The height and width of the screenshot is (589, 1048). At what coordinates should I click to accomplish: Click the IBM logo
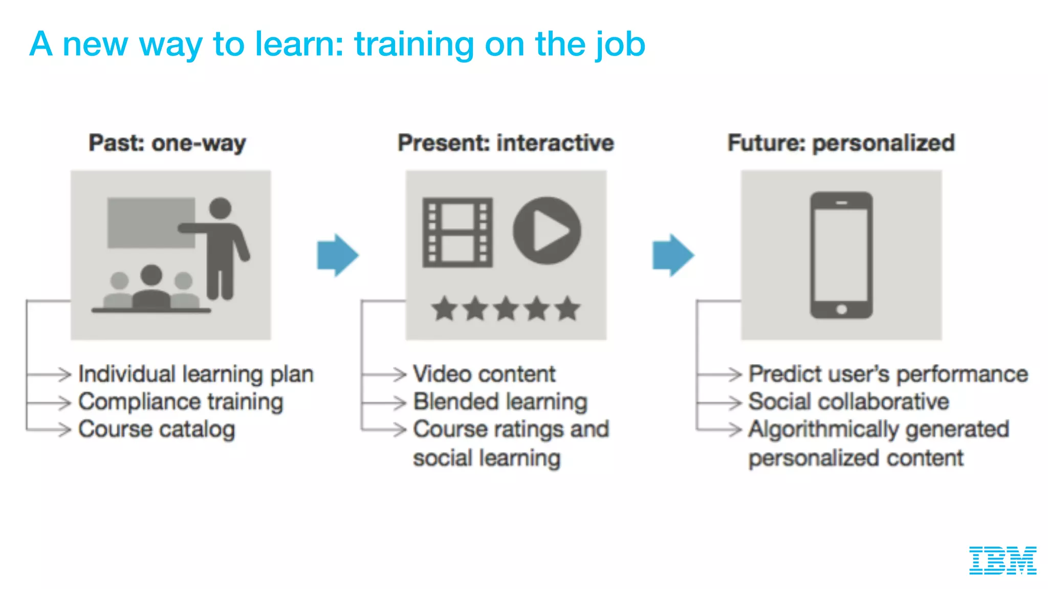coord(1002,560)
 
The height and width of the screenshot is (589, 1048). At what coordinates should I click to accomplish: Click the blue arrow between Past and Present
coord(337,255)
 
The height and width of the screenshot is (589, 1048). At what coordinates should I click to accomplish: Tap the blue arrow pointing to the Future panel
coord(672,255)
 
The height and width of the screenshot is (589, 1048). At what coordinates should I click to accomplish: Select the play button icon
coord(547,231)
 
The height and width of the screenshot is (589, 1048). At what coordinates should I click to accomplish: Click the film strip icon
coord(457,233)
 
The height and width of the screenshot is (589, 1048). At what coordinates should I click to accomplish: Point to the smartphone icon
coord(841,255)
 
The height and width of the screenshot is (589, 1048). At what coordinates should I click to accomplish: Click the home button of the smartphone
coord(841,309)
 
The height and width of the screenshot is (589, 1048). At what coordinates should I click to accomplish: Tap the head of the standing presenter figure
coord(221,208)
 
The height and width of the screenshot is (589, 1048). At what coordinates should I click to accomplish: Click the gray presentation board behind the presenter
coord(150,223)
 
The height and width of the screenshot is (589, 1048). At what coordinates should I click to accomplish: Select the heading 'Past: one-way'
coord(167,143)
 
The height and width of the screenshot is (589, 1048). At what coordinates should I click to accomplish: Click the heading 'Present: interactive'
coord(506,143)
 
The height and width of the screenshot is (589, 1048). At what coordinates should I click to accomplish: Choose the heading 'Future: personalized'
coord(841,143)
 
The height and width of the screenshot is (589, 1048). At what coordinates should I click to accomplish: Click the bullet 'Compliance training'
coord(181,402)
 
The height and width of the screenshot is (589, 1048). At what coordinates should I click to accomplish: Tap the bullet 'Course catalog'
coord(157,429)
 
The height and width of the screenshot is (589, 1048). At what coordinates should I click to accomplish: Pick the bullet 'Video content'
coord(484,374)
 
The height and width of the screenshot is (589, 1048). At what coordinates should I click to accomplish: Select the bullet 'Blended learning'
coord(500,402)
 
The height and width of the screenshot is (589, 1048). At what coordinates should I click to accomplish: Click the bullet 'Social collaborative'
coord(848,402)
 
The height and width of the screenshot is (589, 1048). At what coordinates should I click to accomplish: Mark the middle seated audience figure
coord(151,289)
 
